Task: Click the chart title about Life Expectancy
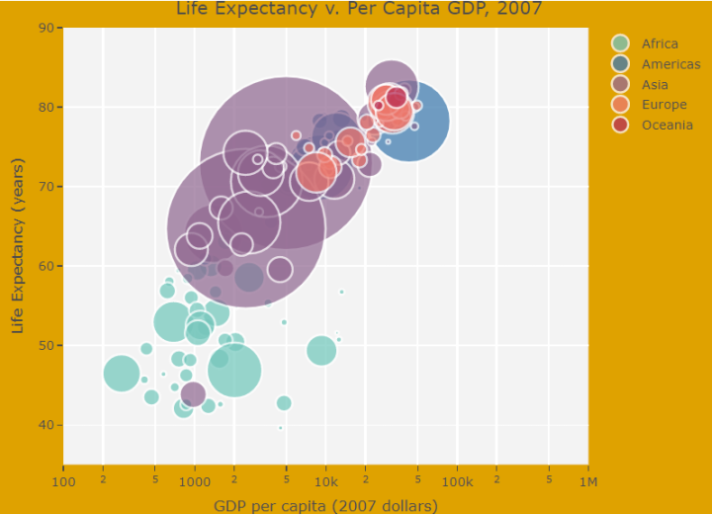(359, 10)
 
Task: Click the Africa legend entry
(660, 43)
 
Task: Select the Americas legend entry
(670, 64)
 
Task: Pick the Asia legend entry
(655, 85)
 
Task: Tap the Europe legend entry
(664, 105)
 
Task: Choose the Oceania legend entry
(667, 125)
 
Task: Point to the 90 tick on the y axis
(45, 28)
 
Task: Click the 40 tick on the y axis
(45, 425)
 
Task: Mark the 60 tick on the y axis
(45, 266)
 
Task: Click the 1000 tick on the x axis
(194, 481)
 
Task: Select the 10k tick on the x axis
(325, 481)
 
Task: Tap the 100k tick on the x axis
(457, 481)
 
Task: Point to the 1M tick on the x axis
(587, 481)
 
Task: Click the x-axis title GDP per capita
(325, 505)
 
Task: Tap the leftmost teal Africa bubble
(121, 373)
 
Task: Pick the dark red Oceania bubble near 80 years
(397, 97)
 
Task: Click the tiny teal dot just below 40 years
(281, 428)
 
